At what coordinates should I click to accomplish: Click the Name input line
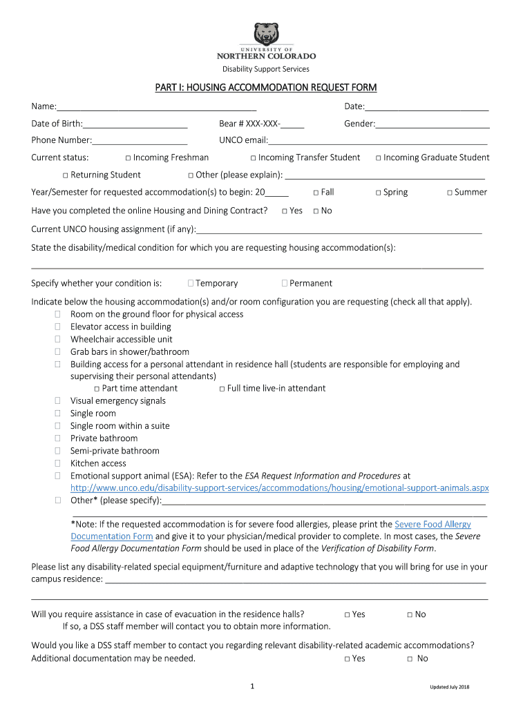click(x=156, y=107)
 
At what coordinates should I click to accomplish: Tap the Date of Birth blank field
click(x=135, y=125)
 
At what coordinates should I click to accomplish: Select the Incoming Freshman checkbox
click(x=129, y=158)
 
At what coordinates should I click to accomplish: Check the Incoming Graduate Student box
click(x=379, y=158)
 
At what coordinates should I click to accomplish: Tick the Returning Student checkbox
click(x=65, y=175)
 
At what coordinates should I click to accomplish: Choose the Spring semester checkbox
click(x=379, y=193)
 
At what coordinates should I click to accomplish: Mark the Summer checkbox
click(x=449, y=193)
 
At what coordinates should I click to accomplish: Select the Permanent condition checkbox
click(x=285, y=283)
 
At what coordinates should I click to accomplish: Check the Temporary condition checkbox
click(x=190, y=283)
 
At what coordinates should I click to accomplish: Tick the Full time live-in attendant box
click(x=222, y=389)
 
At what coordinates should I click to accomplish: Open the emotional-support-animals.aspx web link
click(x=280, y=488)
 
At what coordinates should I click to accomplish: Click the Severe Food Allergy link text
click(x=433, y=524)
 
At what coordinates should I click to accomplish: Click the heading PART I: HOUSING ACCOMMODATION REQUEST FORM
click(x=265, y=88)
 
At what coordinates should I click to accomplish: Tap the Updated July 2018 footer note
click(x=449, y=687)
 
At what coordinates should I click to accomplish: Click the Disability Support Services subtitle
click(x=265, y=69)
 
